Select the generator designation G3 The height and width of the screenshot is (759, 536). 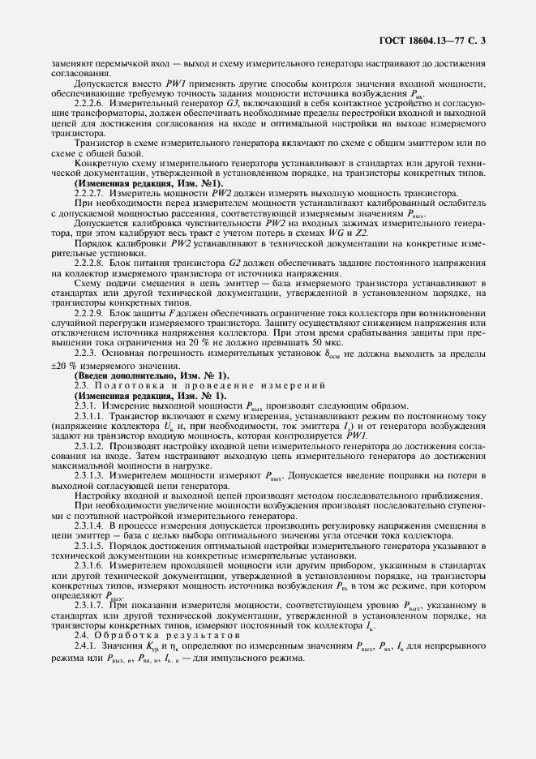click(229, 104)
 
